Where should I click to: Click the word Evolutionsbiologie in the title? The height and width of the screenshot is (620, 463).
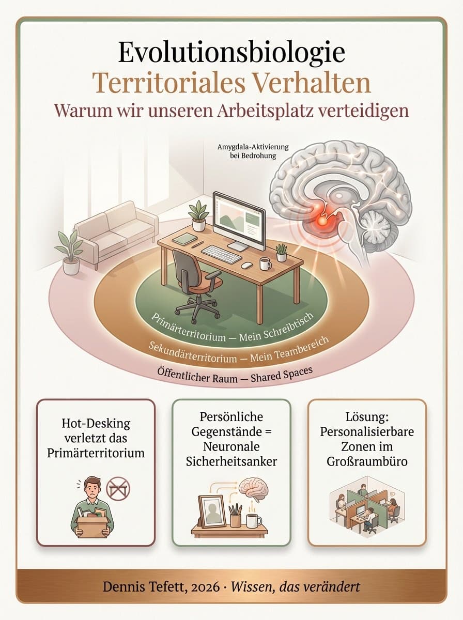coord(231,53)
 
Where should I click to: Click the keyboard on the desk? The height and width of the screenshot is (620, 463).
coord(222,254)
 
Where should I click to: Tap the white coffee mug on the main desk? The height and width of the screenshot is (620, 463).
coord(265,263)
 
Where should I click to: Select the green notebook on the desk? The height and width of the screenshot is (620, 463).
coord(184,239)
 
